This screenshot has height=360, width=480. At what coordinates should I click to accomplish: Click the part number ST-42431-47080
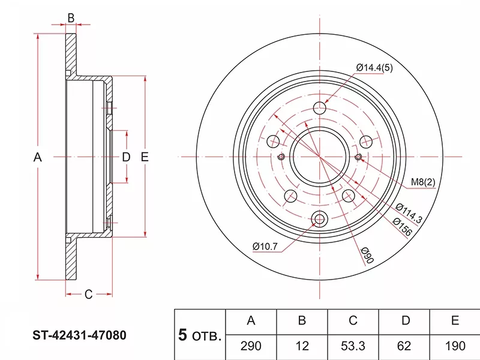tap(79, 335)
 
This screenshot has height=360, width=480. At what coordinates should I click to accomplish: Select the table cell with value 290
tap(251, 346)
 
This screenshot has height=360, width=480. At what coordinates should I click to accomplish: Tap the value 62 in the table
tap(405, 346)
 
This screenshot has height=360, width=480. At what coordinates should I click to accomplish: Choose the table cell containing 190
tap(455, 346)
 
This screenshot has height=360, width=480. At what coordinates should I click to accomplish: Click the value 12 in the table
tap(302, 346)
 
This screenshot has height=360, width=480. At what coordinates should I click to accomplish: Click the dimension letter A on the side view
tap(37, 158)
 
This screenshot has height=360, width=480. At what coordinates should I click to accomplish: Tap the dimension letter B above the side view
tap(71, 18)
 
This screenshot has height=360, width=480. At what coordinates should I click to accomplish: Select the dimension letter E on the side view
tap(144, 158)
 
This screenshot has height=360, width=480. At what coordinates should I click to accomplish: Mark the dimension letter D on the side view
tap(126, 158)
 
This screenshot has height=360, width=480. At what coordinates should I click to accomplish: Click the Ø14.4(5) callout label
tap(374, 68)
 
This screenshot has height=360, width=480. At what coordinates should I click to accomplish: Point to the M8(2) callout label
tap(422, 182)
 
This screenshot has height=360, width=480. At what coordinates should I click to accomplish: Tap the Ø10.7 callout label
tap(265, 245)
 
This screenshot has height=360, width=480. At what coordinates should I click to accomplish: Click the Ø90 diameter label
tap(368, 256)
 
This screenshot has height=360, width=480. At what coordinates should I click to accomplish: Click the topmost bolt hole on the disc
tap(320, 109)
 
